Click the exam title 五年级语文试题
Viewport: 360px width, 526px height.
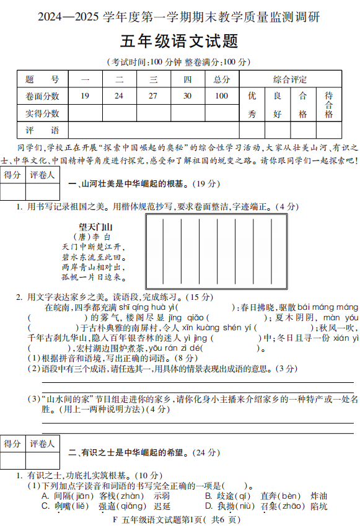coord(180,42)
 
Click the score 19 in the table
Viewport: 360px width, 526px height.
coord(85,96)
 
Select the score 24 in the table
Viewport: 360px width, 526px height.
coord(119,96)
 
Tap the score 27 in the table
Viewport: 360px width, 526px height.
coord(153,96)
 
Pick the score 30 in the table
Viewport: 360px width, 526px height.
coord(187,96)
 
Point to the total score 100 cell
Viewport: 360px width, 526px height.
coord(221,96)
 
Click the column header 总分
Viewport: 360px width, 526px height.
coord(221,79)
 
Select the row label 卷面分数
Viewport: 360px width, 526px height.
coord(43,96)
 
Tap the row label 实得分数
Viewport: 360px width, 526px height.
coord(43,113)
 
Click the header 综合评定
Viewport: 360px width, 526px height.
coord(290,79)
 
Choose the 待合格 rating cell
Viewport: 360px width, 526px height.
coord(328,105)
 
